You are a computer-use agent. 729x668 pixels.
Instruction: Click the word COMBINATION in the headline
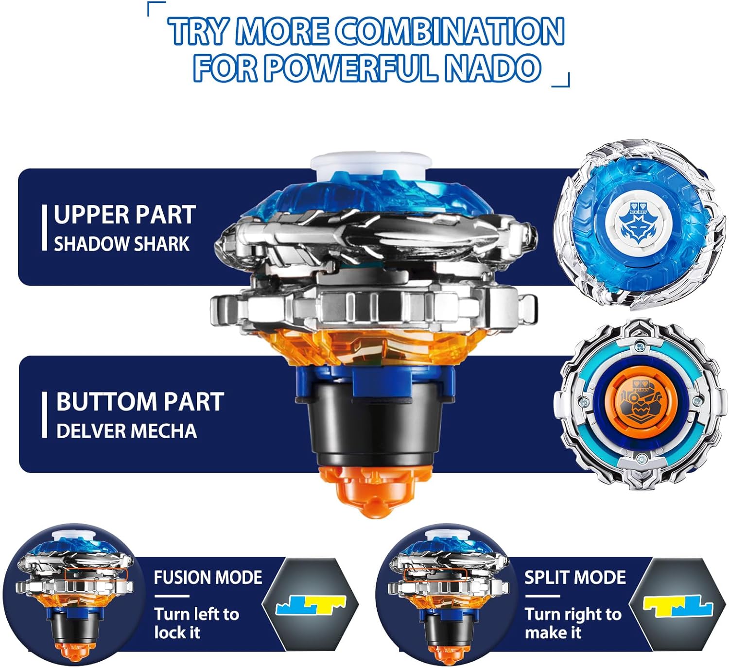[x=449, y=31]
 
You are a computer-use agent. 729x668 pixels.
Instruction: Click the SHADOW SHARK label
[x=121, y=244]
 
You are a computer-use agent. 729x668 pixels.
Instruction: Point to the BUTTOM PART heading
[x=140, y=402]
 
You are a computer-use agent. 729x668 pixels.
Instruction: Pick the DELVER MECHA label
[x=126, y=431]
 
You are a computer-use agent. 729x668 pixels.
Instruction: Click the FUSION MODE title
[x=208, y=577]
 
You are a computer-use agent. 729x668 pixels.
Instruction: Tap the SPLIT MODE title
[x=575, y=577]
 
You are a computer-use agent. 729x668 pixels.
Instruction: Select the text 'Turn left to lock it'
[x=197, y=623]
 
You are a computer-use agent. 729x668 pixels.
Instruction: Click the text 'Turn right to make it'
[x=573, y=623]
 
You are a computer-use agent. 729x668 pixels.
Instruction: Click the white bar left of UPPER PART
[x=44, y=227]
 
